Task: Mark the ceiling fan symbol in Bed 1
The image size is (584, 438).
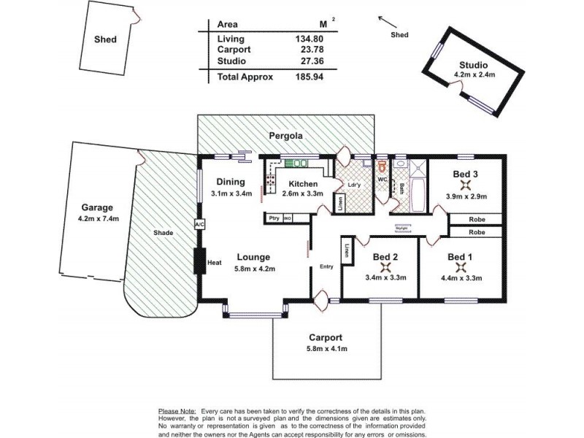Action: coord(460,267)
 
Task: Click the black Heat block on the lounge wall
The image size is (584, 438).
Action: coord(198,261)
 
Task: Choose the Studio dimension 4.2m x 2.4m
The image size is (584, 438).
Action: coord(474,74)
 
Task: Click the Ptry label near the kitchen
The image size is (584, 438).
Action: coord(274,218)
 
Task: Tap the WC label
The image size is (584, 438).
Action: coord(382,178)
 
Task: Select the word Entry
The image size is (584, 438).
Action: coord(326,266)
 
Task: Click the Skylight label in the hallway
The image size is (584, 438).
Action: coord(401,227)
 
